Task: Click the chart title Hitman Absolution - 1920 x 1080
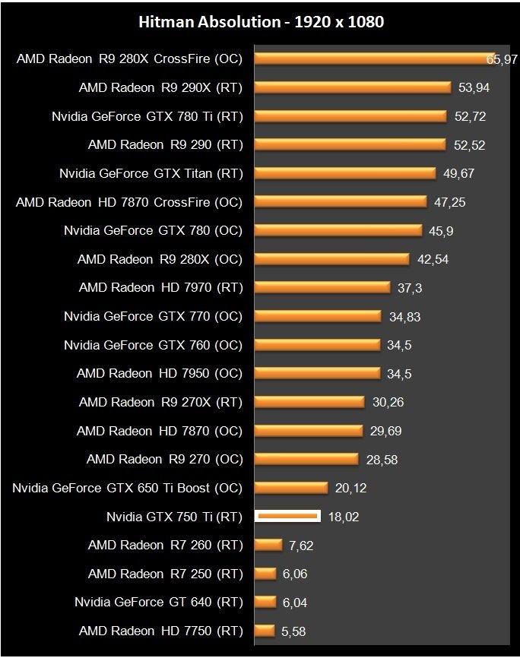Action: click(261, 22)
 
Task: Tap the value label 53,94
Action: click(474, 87)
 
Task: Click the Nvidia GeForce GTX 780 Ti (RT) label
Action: click(147, 116)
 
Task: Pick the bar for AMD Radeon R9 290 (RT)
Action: click(350, 144)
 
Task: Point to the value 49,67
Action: click(458, 173)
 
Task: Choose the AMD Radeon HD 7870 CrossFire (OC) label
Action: click(129, 202)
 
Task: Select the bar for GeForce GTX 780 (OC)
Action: click(338, 230)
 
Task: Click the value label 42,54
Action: click(433, 259)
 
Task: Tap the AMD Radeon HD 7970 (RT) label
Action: click(160, 288)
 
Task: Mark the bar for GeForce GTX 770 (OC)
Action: click(318, 316)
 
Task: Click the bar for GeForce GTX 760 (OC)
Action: click(317, 345)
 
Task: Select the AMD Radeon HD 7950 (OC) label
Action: click(160, 374)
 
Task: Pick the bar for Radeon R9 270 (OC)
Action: click(306, 459)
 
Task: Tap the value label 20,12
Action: click(350, 488)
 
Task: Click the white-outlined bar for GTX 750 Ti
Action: click(287, 517)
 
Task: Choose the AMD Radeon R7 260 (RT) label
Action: click(165, 545)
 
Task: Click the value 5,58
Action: click(293, 631)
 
